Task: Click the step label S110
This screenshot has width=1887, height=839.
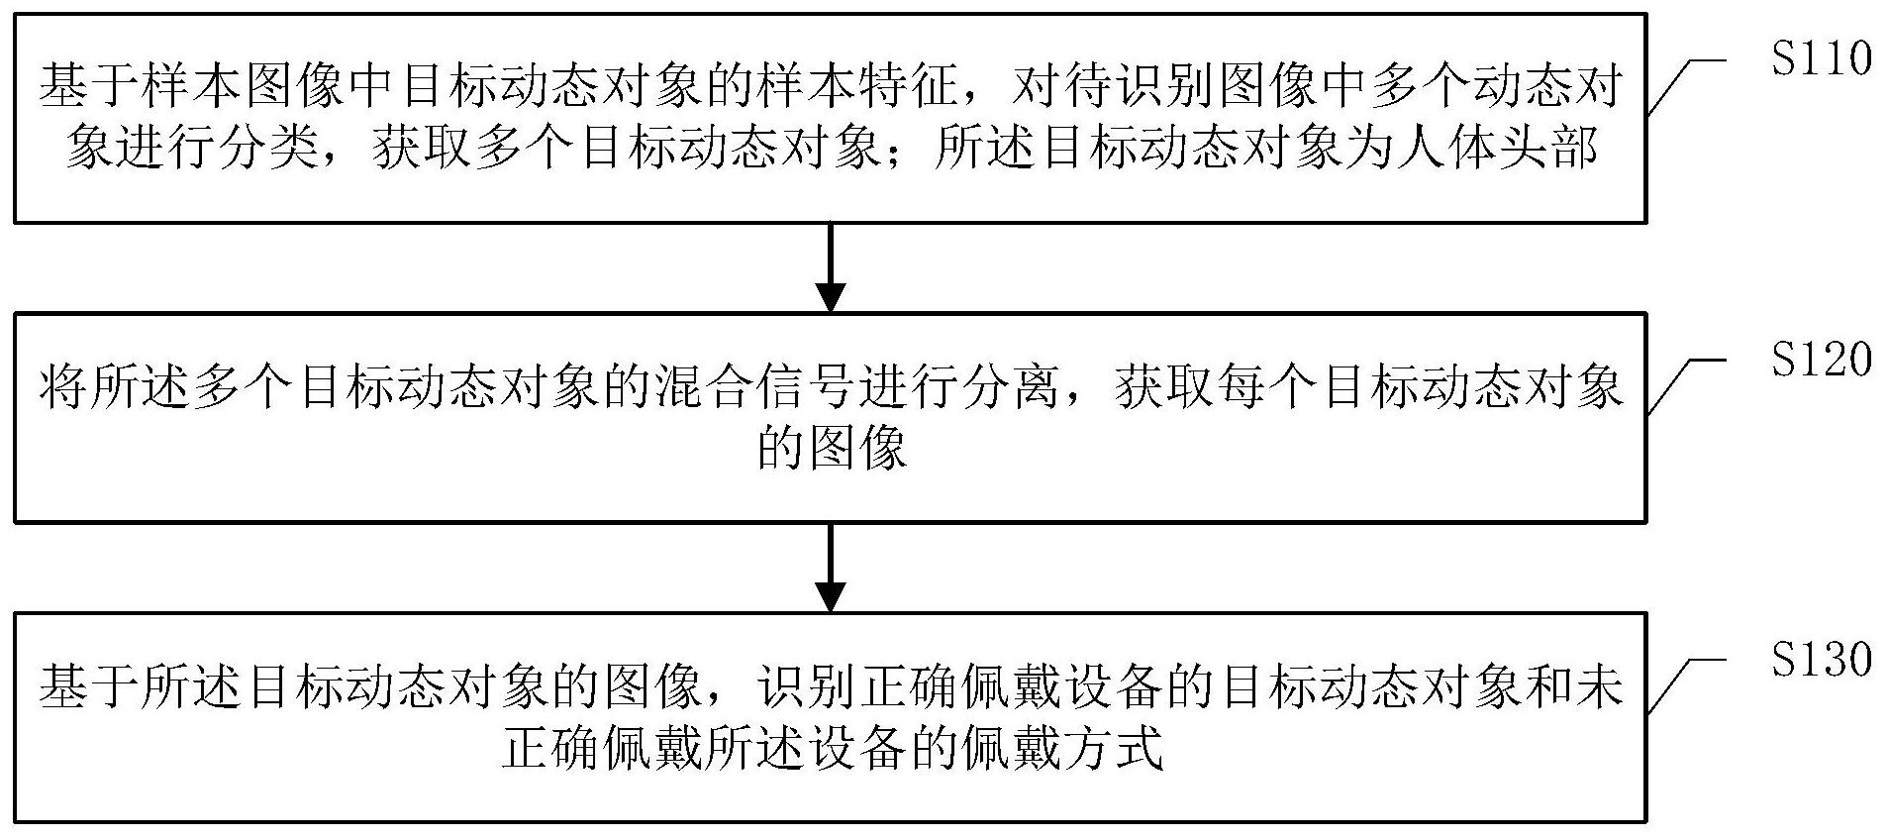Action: click(x=1821, y=59)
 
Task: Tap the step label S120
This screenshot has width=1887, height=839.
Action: click(x=1821, y=360)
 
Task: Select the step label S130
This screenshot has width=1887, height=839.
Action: click(x=1821, y=660)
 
